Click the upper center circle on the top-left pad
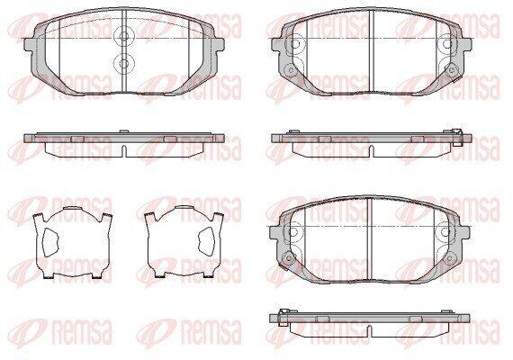[x=123, y=37]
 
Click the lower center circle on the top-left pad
[x=123, y=62]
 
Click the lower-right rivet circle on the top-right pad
[x=452, y=69]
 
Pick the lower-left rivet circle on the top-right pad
[x=289, y=69]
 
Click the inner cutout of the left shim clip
[x=50, y=241]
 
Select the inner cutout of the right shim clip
[x=207, y=241]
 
